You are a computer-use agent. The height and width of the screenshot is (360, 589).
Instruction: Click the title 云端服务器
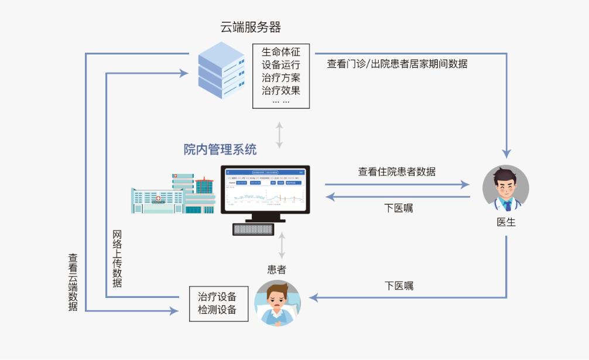(251, 27)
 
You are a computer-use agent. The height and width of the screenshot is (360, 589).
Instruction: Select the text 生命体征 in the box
(280, 52)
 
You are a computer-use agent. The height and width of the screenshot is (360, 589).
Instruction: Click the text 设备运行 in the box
(280, 64)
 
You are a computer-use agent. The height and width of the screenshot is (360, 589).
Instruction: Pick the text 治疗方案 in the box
(280, 77)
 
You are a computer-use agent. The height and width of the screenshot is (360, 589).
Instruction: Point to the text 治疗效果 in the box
(280, 90)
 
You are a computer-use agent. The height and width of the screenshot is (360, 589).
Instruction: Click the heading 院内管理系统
(220, 150)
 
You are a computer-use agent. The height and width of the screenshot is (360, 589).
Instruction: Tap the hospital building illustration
(173, 194)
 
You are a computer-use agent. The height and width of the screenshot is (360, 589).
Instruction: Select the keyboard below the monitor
(254, 229)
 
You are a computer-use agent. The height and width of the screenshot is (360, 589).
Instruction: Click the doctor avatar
(505, 188)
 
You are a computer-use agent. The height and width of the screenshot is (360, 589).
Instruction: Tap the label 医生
(505, 222)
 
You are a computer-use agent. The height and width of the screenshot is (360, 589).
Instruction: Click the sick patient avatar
(277, 303)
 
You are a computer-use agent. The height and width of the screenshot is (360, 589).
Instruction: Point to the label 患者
(277, 269)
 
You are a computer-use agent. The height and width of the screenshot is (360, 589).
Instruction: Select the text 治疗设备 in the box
(217, 296)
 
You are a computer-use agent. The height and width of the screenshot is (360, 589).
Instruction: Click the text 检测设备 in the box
(217, 310)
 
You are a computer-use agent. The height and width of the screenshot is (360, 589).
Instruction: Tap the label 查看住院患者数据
(396, 172)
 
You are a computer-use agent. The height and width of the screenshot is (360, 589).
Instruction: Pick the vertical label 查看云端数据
(73, 282)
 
